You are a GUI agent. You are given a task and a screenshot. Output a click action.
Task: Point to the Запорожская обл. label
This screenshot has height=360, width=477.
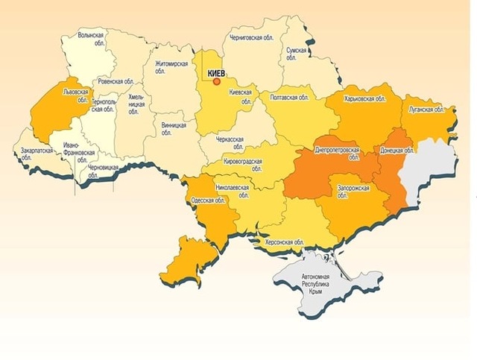[x=353, y=193]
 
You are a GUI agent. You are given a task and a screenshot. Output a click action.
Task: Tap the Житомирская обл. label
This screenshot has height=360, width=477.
[x=172, y=69]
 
